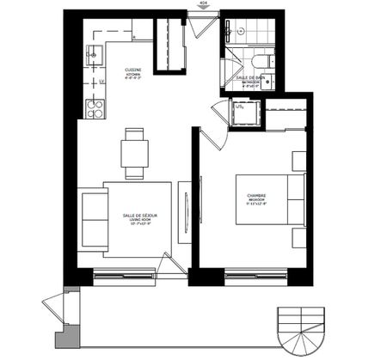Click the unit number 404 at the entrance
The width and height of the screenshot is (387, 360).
pos(202,4)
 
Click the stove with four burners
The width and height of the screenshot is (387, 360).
pos(95,108)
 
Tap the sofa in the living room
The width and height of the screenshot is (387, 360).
pos(92,219)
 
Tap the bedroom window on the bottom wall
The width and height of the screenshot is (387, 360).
pos(255,276)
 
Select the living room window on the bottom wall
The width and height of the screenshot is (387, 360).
pos(125,276)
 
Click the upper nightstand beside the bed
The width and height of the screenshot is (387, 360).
pos(299,162)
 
